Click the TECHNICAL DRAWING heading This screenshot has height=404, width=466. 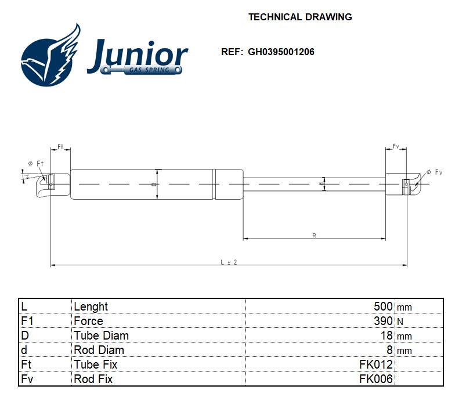(300, 17)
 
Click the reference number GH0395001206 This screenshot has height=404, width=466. (281, 52)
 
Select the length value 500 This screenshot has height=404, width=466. (383, 306)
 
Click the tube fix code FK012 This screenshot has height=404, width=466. (376, 365)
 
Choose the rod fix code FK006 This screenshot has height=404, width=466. (376, 379)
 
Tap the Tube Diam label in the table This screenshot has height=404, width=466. (101, 336)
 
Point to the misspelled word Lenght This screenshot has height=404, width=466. (91, 306)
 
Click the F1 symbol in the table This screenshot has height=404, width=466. (27, 321)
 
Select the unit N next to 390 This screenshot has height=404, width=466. (400, 322)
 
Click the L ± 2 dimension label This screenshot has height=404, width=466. (229, 262)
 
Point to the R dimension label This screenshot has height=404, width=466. (314, 235)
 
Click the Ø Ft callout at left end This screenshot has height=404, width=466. (35, 164)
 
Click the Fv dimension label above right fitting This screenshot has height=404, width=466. (396, 146)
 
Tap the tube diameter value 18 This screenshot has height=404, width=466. (387, 336)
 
